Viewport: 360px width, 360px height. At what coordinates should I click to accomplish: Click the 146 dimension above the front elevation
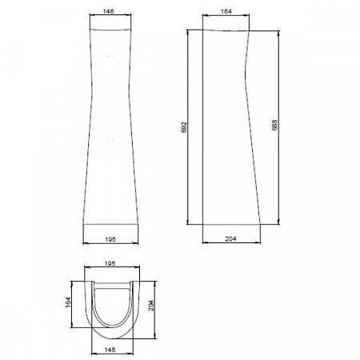(x=108, y=11)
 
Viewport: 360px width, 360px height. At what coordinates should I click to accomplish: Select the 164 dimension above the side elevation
(x=226, y=11)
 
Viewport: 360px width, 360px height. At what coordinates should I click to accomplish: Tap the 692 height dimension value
(x=184, y=127)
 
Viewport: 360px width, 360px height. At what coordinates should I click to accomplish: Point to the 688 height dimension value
(x=274, y=125)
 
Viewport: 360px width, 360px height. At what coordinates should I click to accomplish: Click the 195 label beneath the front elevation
(x=110, y=239)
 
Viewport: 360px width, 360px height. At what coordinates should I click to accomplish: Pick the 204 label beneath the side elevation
(x=230, y=238)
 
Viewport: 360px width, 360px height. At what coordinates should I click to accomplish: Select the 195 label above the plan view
(x=110, y=263)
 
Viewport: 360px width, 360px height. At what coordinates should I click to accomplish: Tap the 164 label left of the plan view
(x=68, y=302)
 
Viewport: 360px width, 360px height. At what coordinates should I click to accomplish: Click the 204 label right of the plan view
(x=151, y=306)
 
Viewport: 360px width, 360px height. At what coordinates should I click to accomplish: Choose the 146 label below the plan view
(x=110, y=350)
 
